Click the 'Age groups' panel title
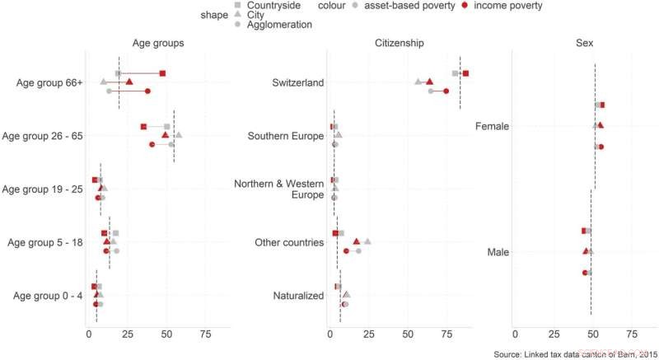(x=157, y=43)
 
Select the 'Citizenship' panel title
(x=399, y=43)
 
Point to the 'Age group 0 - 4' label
(x=46, y=296)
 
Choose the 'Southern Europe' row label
(x=286, y=136)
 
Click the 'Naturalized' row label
(x=298, y=296)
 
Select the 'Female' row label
(x=492, y=127)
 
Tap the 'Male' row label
(x=498, y=251)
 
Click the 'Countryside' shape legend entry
(x=261, y=5)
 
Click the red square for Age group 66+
(x=162, y=73)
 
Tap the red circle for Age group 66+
(x=147, y=91)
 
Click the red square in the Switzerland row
(x=465, y=73)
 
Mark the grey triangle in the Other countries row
(x=367, y=241)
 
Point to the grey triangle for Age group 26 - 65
(x=179, y=135)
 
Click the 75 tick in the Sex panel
(x=631, y=334)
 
